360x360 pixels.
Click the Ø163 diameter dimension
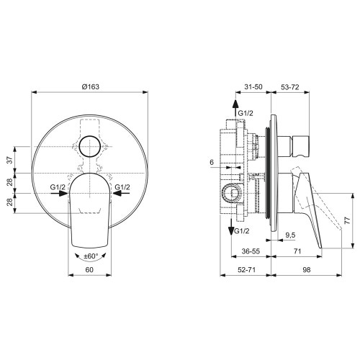point(89,86)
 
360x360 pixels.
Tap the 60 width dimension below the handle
point(89,269)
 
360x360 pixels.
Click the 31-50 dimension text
point(253,86)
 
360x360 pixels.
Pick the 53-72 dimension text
point(290,86)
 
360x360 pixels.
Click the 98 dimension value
point(307,269)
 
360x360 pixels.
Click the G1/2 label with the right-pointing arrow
point(60,189)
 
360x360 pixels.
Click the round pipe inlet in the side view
point(230,193)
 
